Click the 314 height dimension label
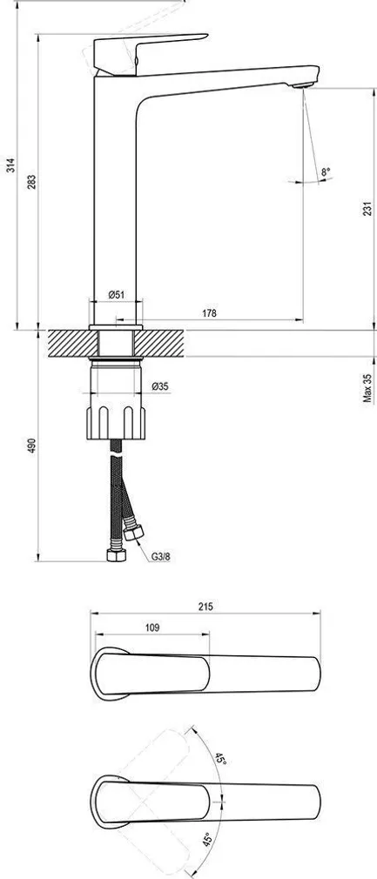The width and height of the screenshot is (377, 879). coord(10,167)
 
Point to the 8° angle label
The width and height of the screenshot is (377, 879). coord(325,172)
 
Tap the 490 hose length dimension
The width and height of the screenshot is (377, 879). coord(31,446)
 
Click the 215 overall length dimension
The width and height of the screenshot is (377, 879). coord(205,607)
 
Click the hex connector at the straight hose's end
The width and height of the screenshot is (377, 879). coord(114,555)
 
